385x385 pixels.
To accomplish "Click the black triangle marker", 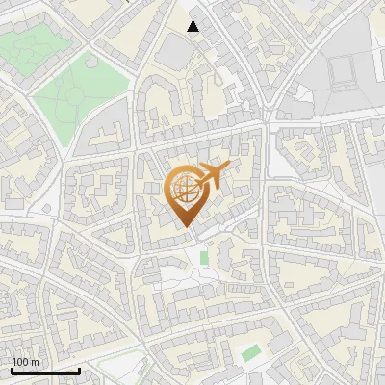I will point(193,26).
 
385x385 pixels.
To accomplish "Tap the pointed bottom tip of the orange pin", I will point(189,227).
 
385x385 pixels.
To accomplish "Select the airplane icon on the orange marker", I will point(214,175).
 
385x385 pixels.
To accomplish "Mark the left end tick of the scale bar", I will point(12,370).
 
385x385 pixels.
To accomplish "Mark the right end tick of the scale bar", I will point(79,370).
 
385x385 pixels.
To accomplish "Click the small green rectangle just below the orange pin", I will point(203,258).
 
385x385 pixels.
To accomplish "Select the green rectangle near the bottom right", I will point(251,353).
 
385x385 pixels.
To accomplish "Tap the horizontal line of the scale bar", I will point(45,371).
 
